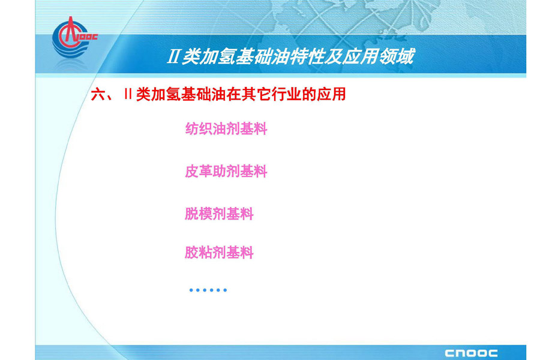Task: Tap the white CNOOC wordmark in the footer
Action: click(x=471, y=353)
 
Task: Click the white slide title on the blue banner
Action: click(x=291, y=56)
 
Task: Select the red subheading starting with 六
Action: click(x=218, y=94)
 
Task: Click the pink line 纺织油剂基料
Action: click(x=226, y=129)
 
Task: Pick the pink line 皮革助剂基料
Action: click(x=226, y=172)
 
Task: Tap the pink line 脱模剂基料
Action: click(x=219, y=214)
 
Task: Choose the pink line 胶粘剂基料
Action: click(x=219, y=253)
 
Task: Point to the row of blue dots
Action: click(x=208, y=290)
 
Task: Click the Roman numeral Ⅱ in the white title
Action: click(x=173, y=57)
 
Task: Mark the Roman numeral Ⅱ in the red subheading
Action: click(x=128, y=94)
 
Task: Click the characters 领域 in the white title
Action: click(x=397, y=56)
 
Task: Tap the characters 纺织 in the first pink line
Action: click(x=199, y=129)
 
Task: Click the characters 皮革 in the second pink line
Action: click(x=199, y=172)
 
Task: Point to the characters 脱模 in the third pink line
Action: click(x=199, y=214)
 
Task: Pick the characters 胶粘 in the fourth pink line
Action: click(x=199, y=253)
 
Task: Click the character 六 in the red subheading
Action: click(x=98, y=95)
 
